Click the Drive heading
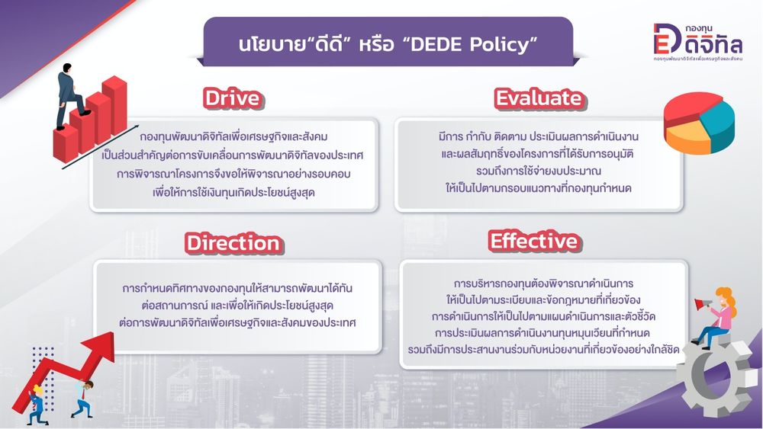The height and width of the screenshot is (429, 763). (x=233, y=98)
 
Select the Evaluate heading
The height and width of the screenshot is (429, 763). (x=539, y=98)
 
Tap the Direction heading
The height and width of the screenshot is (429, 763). (x=233, y=243)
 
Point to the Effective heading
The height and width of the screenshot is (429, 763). (x=534, y=241)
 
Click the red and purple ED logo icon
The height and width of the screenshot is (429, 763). (x=667, y=38)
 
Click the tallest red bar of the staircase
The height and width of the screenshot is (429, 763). (x=115, y=104)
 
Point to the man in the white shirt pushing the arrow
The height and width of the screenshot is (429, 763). (x=83, y=399)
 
